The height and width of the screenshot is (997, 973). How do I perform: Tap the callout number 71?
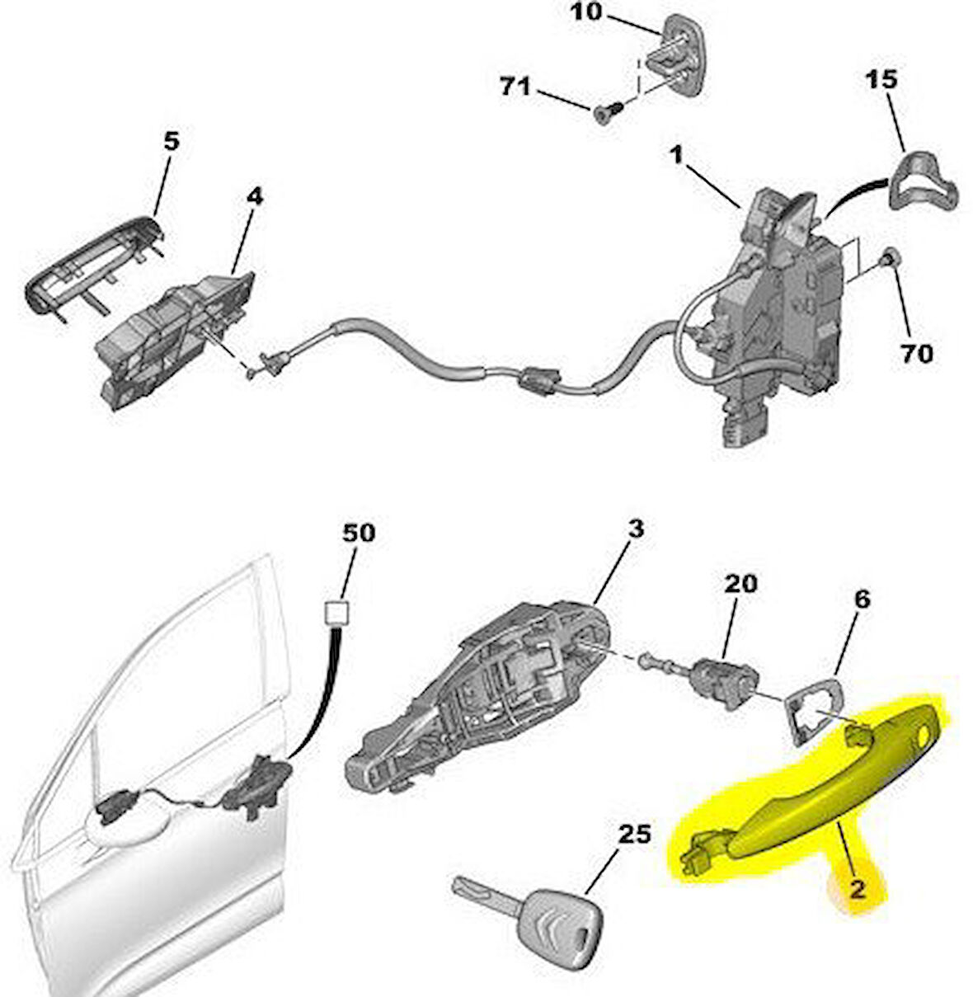pos(516,86)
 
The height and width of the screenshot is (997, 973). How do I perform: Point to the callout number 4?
pos(255,197)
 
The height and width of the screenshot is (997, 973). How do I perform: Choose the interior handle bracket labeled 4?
pos(173,338)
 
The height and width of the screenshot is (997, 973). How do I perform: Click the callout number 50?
pos(358,533)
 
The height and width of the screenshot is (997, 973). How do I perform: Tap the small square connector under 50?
pos(336,612)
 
